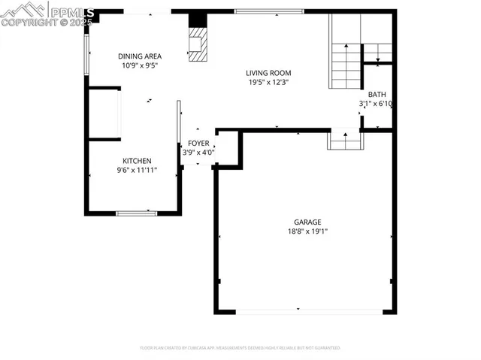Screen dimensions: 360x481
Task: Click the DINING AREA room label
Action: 140,56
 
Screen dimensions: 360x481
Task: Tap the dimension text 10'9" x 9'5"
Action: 140,65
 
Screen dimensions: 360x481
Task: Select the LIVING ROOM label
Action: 268,73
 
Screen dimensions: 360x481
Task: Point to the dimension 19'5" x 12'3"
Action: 268,82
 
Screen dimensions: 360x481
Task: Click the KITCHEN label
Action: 138,161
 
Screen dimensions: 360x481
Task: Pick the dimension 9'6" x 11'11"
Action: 138,170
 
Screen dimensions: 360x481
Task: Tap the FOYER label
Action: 198,143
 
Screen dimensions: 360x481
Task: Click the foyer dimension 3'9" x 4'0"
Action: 198,152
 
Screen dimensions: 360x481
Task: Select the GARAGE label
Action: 307,222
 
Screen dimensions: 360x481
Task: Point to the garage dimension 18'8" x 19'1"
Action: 307,231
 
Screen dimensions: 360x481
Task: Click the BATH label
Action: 377,94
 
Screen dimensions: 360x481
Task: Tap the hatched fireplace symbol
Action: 197,45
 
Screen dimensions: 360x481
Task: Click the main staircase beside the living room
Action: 346,65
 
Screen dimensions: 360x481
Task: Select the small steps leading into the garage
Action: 345,140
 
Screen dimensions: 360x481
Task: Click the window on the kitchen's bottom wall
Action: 136,213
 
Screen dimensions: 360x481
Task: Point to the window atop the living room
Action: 269,11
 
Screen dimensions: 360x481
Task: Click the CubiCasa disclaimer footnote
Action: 240,348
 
